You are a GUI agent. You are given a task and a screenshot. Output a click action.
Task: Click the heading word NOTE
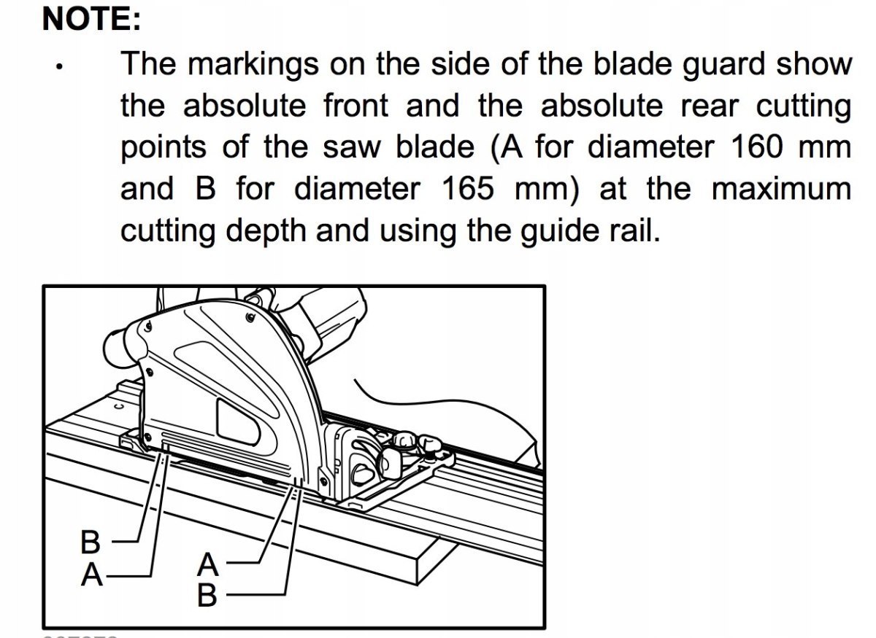click(x=91, y=19)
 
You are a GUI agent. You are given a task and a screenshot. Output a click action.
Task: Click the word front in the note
click(x=356, y=106)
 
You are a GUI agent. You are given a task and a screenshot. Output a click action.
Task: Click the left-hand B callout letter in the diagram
click(x=90, y=542)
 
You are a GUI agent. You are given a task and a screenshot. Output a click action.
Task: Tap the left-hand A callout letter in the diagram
click(x=91, y=575)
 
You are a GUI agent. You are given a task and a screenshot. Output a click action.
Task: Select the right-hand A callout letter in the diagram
click(x=208, y=564)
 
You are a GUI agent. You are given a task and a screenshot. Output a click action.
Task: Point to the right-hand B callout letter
click(x=208, y=596)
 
